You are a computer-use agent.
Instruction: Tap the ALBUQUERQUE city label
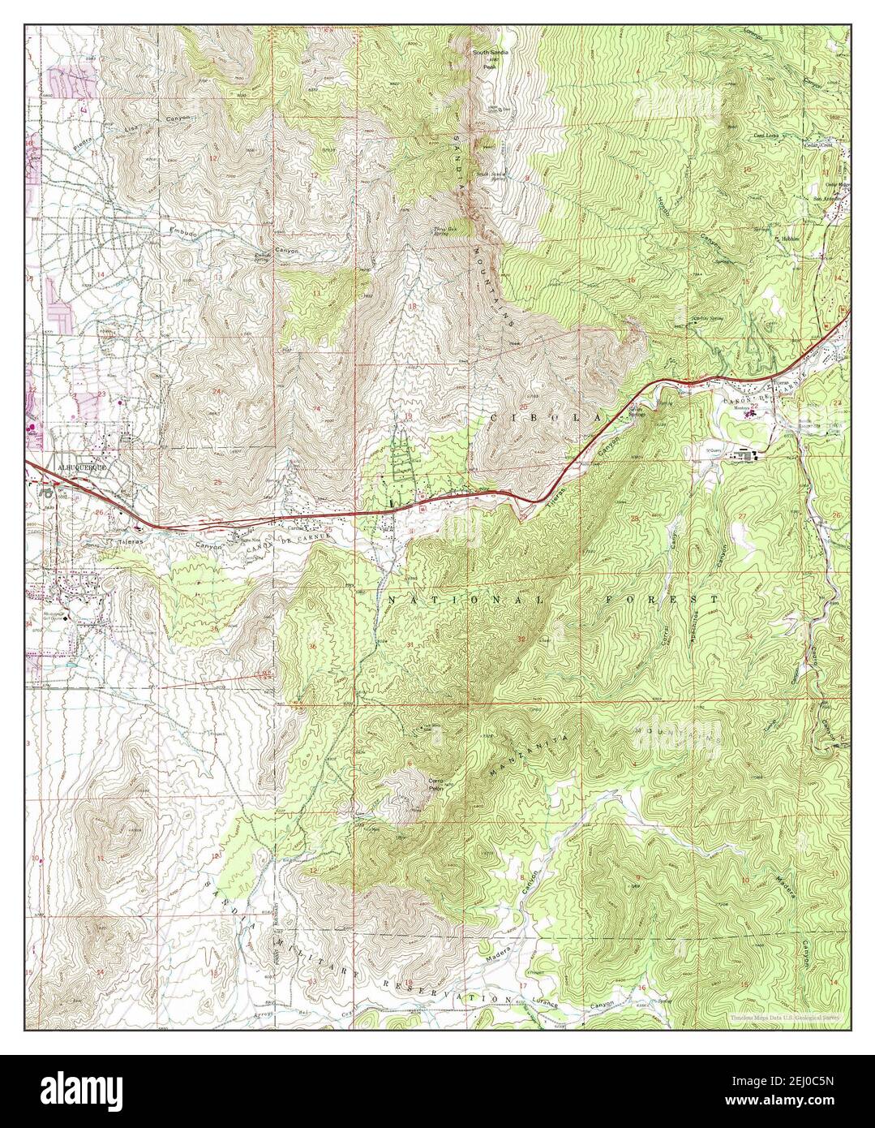(80, 468)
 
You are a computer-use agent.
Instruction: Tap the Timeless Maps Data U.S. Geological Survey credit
(784, 1018)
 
